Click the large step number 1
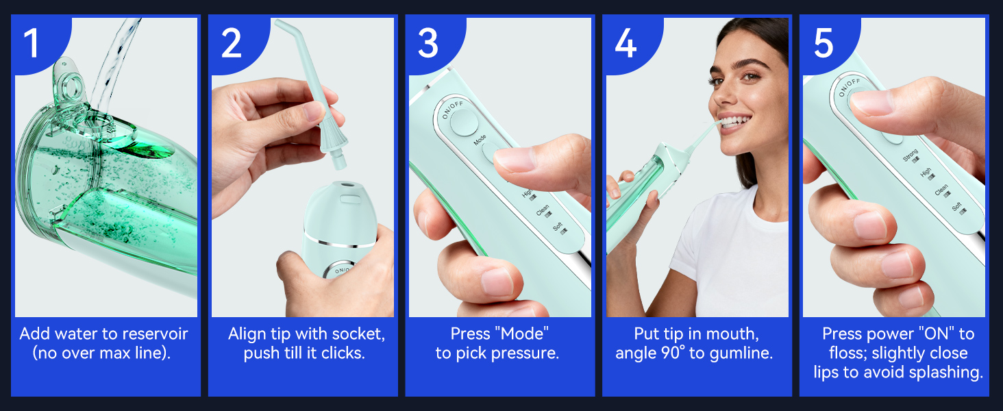(x=32, y=42)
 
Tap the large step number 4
(x=626, y=42)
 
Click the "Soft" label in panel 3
(x=558, y=227)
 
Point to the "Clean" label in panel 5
(x=941, y=190)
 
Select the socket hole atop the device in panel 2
(x=340, y=185)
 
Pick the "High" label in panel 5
(x=926, y=174)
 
